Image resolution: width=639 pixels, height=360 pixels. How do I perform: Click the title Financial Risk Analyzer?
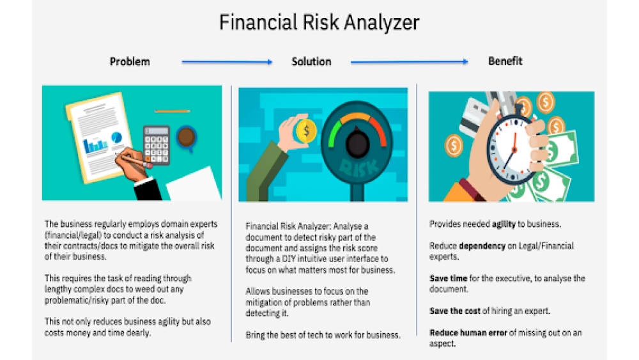coord(319,23)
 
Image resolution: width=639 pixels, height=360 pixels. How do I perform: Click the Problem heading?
coord(130,62)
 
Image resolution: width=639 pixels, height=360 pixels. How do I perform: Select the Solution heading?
coord(311,62)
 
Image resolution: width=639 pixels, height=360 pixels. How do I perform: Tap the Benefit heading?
coord(505,61)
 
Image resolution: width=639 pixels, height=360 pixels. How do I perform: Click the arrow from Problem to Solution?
coord(227,62)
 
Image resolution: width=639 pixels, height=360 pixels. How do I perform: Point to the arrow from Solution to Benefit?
coord(409,62)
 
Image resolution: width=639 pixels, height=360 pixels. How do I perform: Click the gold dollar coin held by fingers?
coord(306,131)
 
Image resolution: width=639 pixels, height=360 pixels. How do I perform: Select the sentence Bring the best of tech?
coord(323,335)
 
